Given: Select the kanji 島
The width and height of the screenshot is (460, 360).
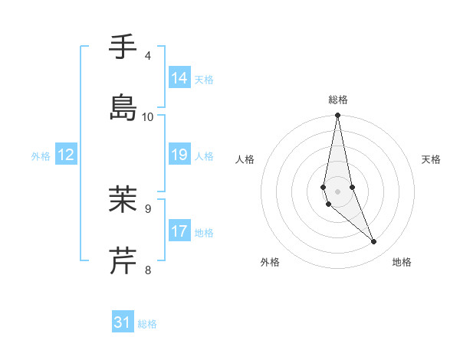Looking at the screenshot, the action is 123,106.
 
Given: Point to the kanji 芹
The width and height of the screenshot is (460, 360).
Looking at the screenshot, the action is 123,260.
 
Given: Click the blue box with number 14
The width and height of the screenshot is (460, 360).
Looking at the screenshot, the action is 179,78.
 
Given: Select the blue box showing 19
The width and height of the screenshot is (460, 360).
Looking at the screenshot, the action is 179,155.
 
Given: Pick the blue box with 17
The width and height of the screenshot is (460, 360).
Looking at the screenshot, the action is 179,231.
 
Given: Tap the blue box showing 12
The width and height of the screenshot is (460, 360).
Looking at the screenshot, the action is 66,155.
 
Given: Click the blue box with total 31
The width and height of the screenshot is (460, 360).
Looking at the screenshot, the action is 123,322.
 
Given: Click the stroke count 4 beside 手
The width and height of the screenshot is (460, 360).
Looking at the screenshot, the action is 148,56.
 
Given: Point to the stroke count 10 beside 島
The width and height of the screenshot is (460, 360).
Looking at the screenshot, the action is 148,116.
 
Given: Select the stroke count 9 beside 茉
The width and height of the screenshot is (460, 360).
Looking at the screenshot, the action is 148,208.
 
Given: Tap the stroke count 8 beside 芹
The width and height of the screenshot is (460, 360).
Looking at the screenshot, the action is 148,269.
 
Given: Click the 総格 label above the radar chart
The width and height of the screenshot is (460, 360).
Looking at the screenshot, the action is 338,100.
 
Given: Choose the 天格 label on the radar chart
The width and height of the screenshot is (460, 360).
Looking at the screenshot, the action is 431,159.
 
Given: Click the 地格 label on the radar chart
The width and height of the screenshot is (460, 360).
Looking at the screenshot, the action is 402,262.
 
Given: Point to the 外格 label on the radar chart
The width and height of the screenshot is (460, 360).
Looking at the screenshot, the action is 270,262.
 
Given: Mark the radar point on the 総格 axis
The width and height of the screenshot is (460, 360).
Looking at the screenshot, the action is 338,116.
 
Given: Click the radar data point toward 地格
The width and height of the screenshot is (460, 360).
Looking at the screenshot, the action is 374,242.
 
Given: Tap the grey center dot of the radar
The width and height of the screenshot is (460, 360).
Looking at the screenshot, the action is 338,191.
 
